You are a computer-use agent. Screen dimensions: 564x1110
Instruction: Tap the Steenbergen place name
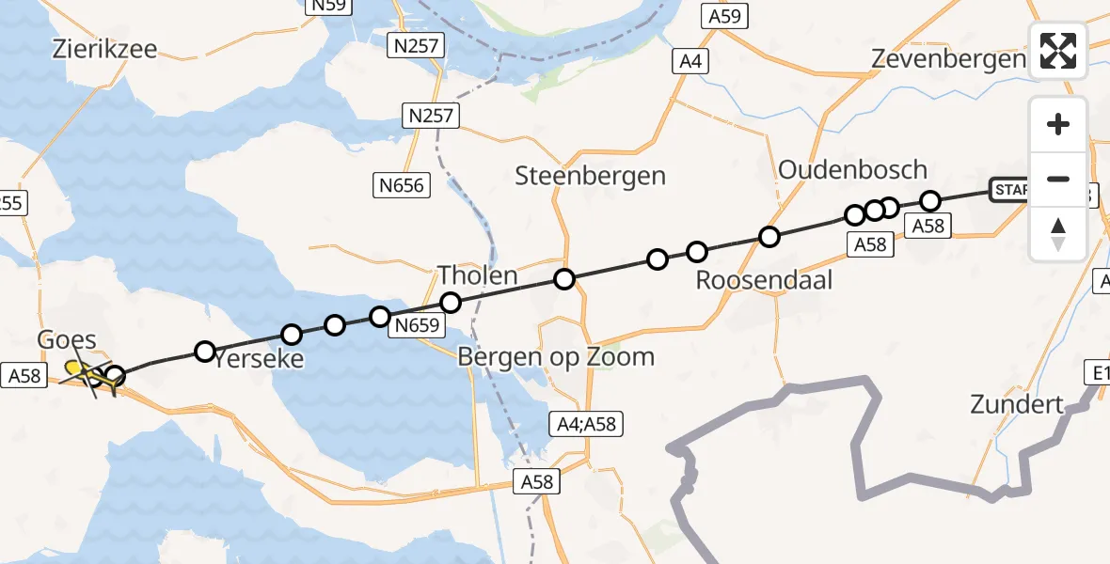click(591, 175)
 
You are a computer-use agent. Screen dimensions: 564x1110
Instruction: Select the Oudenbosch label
click(852, 169)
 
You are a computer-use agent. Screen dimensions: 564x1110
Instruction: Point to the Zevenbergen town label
click(947, 58)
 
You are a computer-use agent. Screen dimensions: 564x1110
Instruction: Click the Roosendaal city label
click(764, 280)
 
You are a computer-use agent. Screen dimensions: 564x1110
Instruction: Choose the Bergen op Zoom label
click(555, 357)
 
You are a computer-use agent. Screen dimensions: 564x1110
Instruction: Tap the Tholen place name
click(477, 275)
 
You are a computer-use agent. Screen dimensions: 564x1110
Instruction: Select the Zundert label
click(1017, 405)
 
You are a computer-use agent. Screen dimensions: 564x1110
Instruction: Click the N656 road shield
click(402, 185)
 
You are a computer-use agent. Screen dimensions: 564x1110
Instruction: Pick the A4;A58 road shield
click(584, 424)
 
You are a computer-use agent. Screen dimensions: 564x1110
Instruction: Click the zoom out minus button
click(1058, 179)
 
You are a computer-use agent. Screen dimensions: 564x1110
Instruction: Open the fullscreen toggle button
click(1058, 50)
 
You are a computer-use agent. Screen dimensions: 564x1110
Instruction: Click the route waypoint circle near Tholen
click(451, 303)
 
